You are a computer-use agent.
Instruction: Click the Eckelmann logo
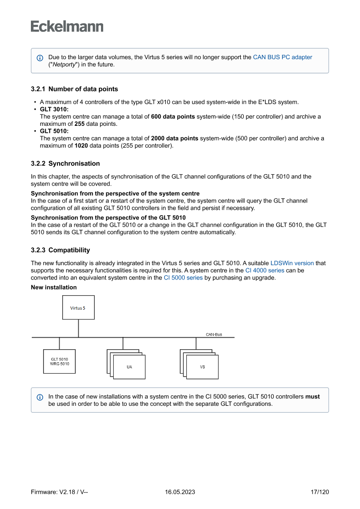pyautogui.click(x=67, y=27)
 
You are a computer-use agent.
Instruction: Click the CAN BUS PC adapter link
pyautogui.click(x=283, y=57)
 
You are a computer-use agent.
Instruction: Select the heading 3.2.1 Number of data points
pyautogui.click(x=74, y=89)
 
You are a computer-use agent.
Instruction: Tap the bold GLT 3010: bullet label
pyautogui.click(x=54, y=109)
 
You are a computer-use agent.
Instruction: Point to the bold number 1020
pyautogui.click(x=81, y=145)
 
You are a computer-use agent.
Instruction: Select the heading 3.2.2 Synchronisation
pyautogui.click(x=65, y=164)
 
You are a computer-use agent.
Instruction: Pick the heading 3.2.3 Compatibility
pyautogui.click(x=61, y=250)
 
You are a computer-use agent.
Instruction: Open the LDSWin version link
pyautogui.click(x=292, y=263)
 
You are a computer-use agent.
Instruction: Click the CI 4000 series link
pyautogui.click(x=265, y=270)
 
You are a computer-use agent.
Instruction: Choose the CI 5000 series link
pyautogui.click(x=183, y=277)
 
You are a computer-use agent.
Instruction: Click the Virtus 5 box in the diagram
pyautogui.click(x=78, y=308)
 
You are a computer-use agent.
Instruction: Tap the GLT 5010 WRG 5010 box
pyautogui.click(x=60, y=361)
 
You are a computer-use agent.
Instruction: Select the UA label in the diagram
pyautogui.click(x=129, y=367)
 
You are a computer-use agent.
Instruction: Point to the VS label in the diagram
pyautogui.click(x=202, y=367)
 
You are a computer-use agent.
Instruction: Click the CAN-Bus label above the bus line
pyautogui.click(x=214, y=334)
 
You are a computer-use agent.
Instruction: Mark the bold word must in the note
pyautogui.click(x=313, y=397)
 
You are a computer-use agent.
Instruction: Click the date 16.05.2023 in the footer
pyautogui.click(x=180, y=492)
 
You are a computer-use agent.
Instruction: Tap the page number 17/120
pyautogui.click(x=320, y=492)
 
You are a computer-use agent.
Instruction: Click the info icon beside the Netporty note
pyautogui.click(x=40, y=58)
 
